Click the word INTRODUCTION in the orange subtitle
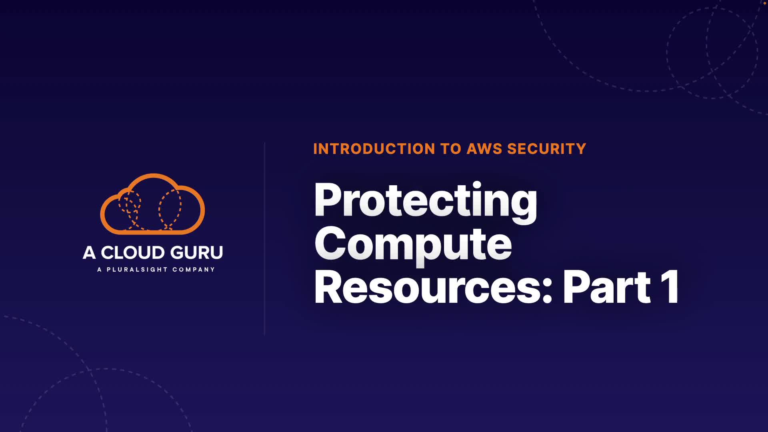coord(374,149)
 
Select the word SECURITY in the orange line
coord(546,149)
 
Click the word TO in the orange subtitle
coord(451,149)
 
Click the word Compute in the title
coord(413,244)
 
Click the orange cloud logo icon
coord(152,204)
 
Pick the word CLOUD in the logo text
coord(133,253)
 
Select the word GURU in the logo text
coord(197,253)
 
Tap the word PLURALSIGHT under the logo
coord(137,270)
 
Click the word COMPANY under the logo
coord(194,270)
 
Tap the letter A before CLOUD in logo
coord(89,253)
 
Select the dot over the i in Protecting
coord(476,186)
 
